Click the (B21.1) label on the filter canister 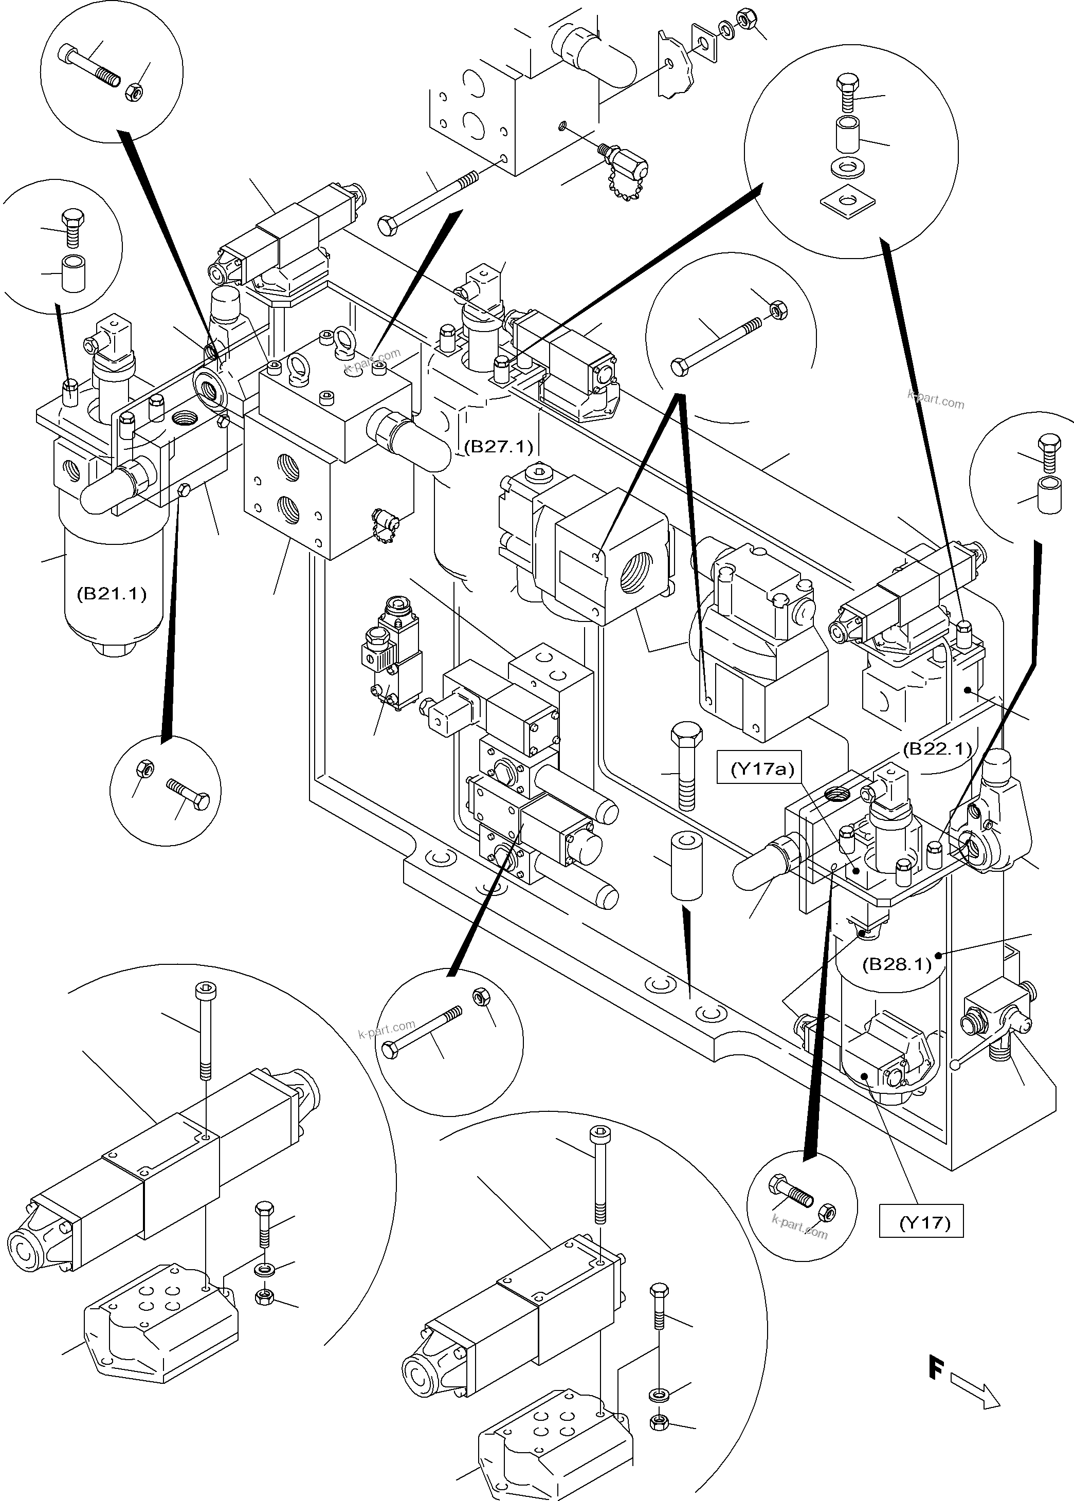[x=111, y=593]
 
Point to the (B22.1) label [x=938, y=748]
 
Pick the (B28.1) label [x=897, y=963]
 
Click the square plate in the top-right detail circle [x=847, y=198]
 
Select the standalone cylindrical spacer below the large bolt [x=686, y=866]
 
